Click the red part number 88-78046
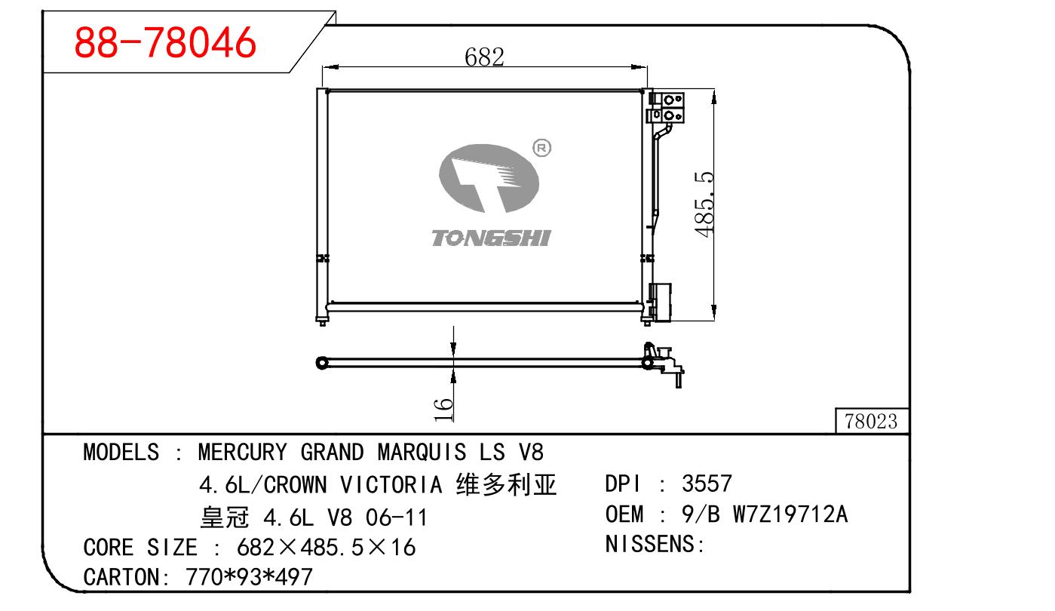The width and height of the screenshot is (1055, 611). [x=165, y=42]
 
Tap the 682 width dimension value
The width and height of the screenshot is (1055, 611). [x=484, y=57]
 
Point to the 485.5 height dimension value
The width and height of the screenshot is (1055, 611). [x=704, y=204]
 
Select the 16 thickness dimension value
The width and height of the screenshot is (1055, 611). [x=443, y=410]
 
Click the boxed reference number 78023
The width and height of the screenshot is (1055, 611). [x=871, y=421]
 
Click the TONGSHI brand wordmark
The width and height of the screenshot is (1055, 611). [x=491, y=238]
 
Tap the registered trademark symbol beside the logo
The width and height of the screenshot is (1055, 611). [x=541, y=148]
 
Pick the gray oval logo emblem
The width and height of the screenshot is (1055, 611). [x=489, y=178]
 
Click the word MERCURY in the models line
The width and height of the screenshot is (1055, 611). [x=242, y=453]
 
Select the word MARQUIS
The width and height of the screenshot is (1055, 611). [x=422, y=453]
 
